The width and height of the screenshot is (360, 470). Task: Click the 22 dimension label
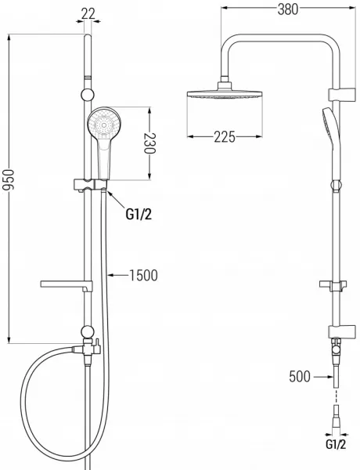88,13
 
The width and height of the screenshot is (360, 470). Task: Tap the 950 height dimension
8,179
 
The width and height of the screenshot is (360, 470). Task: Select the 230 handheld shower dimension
149,143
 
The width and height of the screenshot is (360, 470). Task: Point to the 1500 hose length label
143,275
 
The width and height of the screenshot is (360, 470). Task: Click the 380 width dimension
288,9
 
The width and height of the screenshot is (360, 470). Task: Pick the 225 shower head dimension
225,137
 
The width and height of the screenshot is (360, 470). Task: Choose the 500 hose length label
300,377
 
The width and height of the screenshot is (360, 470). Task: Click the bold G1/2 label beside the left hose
139,214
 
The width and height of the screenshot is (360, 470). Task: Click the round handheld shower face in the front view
103,124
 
